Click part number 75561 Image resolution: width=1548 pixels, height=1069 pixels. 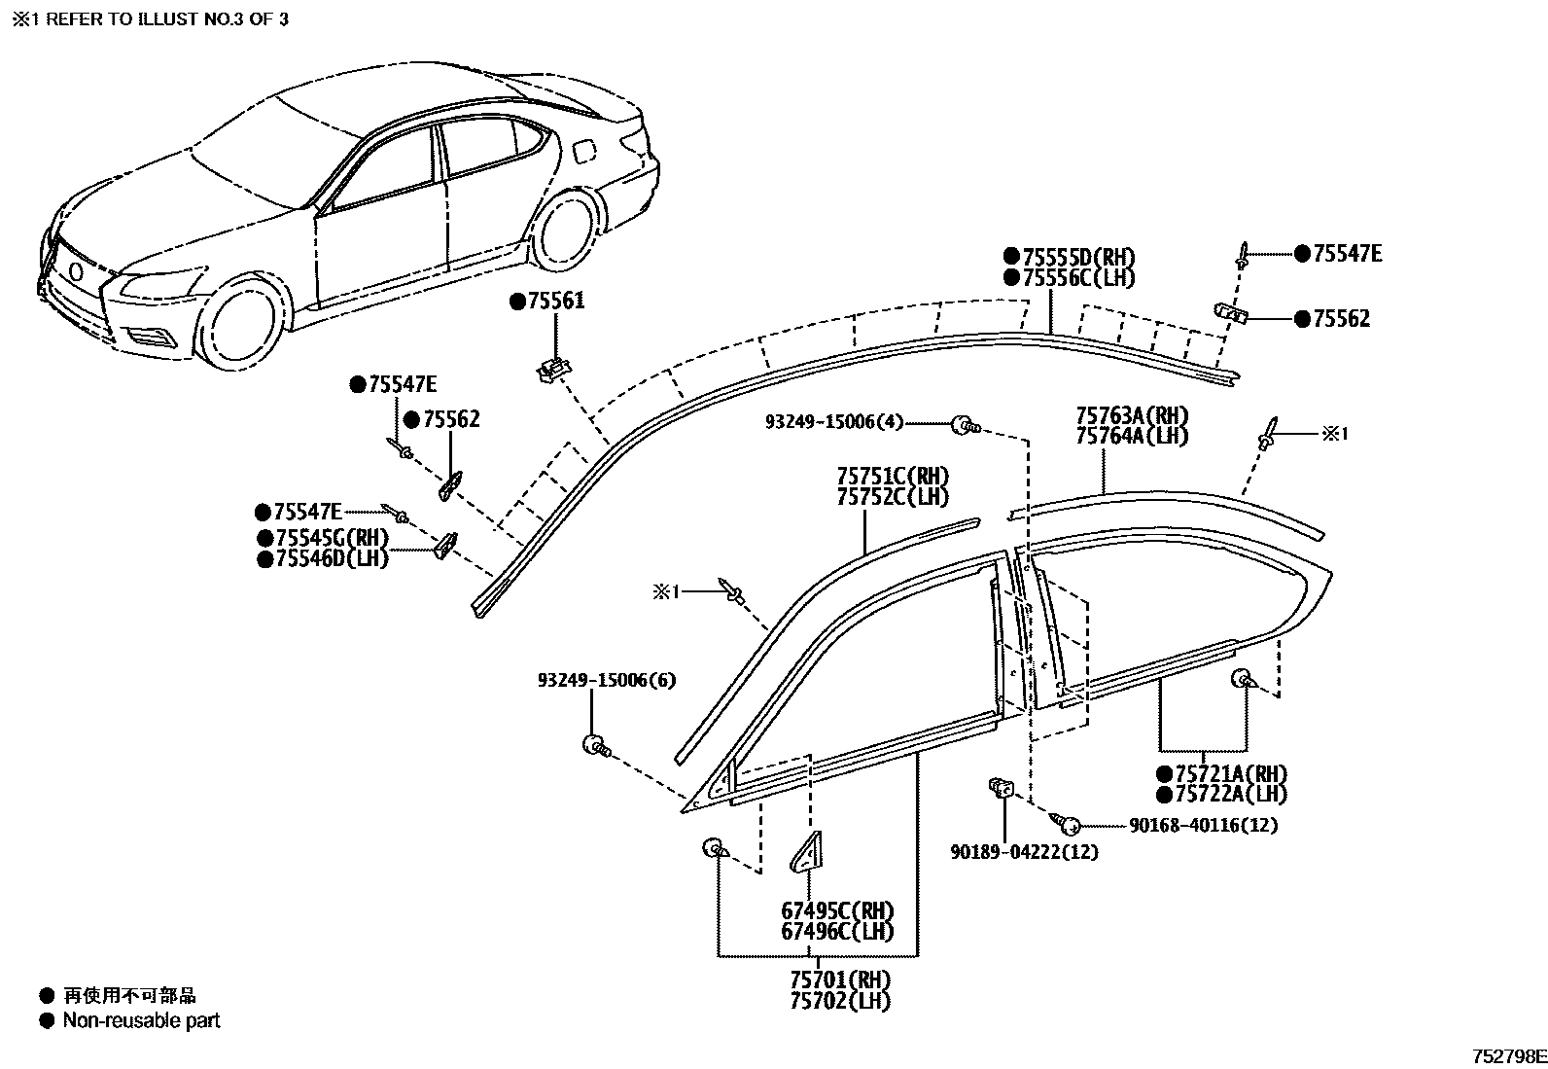click(x=556, y=302)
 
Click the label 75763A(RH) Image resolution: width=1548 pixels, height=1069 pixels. click(x=1132, y=416)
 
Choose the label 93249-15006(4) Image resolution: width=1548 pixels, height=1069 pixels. click(x=833, y=422)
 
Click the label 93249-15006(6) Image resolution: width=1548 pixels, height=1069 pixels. click(x=606, y=680)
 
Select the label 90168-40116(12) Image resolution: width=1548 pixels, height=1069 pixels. click(x=1203, y=825)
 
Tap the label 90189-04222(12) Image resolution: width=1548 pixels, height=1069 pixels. click(x=1024, y=852)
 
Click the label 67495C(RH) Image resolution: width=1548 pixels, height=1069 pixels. click(x=837, y=911)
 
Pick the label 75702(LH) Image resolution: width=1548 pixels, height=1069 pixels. click(x=839, y=999)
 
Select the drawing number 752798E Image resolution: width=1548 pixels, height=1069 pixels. click(x=1507, y=1056)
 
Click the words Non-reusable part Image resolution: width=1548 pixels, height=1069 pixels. click(x=141, y=1020)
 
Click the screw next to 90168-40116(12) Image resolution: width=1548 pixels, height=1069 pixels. click(x=1068, y=824)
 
